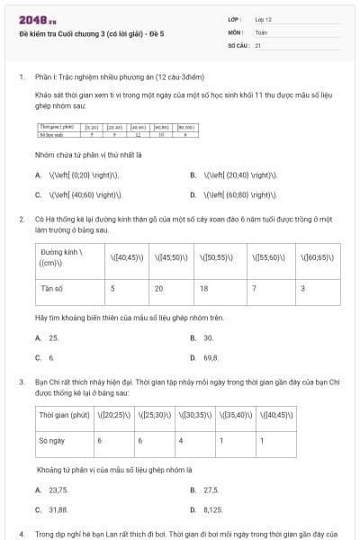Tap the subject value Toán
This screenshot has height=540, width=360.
(261, 31)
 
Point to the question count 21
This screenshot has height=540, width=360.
(258, 44)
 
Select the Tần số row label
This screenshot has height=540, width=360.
(53, 288)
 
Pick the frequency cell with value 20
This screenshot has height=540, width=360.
(158, 288)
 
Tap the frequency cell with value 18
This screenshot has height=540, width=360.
(203, 288)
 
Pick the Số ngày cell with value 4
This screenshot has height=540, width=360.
(181, 441)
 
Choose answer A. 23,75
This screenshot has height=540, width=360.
(53, 490)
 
